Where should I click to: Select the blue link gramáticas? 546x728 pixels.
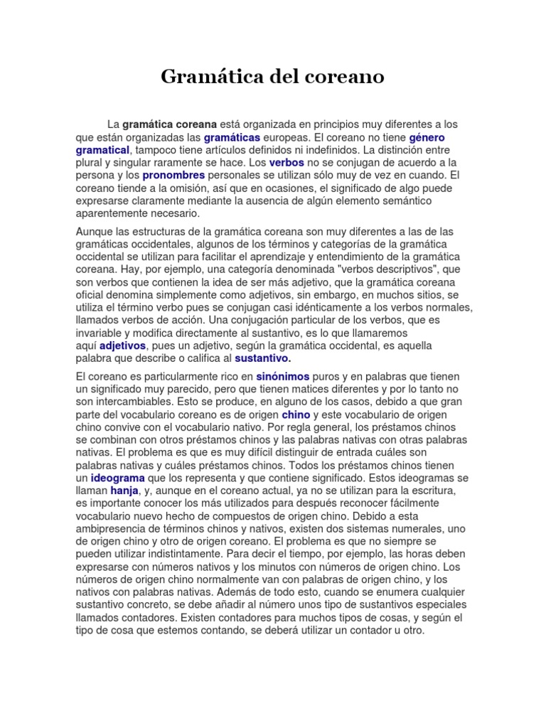point(232,137)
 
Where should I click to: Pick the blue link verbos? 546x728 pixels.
point(287,163)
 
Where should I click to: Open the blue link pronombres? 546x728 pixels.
point(173,175)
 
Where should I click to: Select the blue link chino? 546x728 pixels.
point(296,414)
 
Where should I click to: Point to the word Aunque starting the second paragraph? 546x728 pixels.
point(96,232)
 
